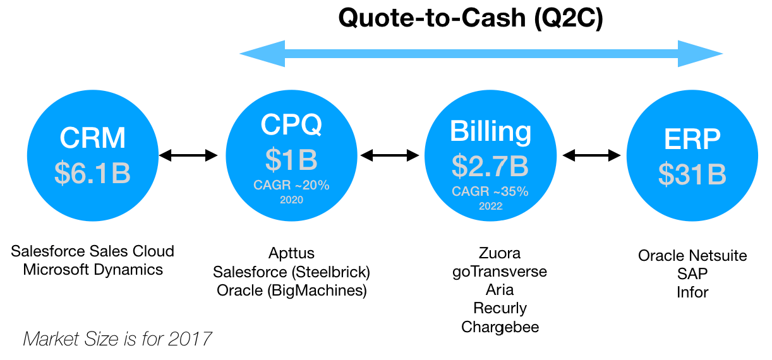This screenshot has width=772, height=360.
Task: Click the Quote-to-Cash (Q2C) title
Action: click(x=471, y=18)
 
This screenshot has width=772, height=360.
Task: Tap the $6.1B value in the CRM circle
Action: click(x=92, y=172)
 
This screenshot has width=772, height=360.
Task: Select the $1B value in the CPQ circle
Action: click(x=291, y=160)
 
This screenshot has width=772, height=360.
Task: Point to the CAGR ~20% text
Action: click(x=291, y=185)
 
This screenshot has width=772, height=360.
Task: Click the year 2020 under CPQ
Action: click(x=291, y=200)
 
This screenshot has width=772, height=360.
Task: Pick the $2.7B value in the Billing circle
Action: click(x=490, y=166)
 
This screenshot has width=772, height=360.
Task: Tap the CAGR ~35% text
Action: click(x=490, y=191)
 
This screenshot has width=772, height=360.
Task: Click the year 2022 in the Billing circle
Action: click(x=491, y=206)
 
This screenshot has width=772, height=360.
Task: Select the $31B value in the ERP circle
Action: click(x=692, y=174)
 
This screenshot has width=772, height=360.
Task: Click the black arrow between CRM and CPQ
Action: click(x=188, y=155)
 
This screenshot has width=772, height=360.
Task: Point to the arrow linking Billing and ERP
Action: click(x=591, y=155)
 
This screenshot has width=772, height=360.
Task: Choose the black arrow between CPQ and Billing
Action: click(x=390, y=155)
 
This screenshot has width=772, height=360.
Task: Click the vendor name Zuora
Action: click(x=500, y=253)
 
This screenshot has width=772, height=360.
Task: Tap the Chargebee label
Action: click(x=500, y=327)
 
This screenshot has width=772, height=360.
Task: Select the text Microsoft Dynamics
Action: click(x=93, y=270)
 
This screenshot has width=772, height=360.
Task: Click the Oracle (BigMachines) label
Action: click(x=292, y=291)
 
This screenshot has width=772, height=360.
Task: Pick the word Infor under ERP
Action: click(x=692, y=292)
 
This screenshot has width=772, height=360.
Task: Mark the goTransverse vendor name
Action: click(x=500, y=272)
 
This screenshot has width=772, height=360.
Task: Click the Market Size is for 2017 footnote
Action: click(x=117, y=339)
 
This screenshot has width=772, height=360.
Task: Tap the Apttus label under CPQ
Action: click(x=292, y=253)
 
